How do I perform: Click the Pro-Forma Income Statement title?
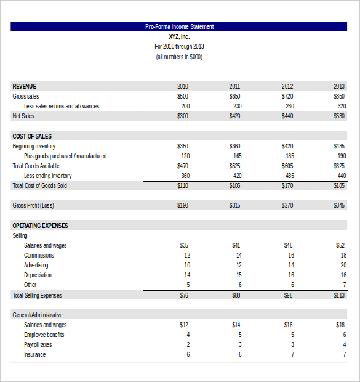tap(179, 26)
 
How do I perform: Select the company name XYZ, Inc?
tap(179, 36)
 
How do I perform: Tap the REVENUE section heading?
tap(25, 86)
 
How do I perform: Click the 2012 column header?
tap(287, 86)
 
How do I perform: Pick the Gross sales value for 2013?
tap(339, 96)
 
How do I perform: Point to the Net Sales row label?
tap(23, 116)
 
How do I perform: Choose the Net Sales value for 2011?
tap(235, 116)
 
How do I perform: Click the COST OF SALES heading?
tap(32, 136)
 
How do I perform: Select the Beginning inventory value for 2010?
tap(183, 146)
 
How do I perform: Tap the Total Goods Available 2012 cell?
tap(287, 166)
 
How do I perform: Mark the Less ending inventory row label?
tap(48, 176)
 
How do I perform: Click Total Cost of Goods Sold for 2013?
tap(339, 185)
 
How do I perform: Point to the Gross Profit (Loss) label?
tap(33, 205)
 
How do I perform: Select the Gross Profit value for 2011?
tap(235, 205)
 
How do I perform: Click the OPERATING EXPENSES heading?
tap(40, 226)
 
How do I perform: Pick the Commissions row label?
tap(39, 255)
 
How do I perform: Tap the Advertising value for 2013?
tap(343, 265)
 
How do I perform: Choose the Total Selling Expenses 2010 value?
tap(184, 295)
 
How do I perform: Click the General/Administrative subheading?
tap(38, 315)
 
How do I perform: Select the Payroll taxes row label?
tap(38, 344)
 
